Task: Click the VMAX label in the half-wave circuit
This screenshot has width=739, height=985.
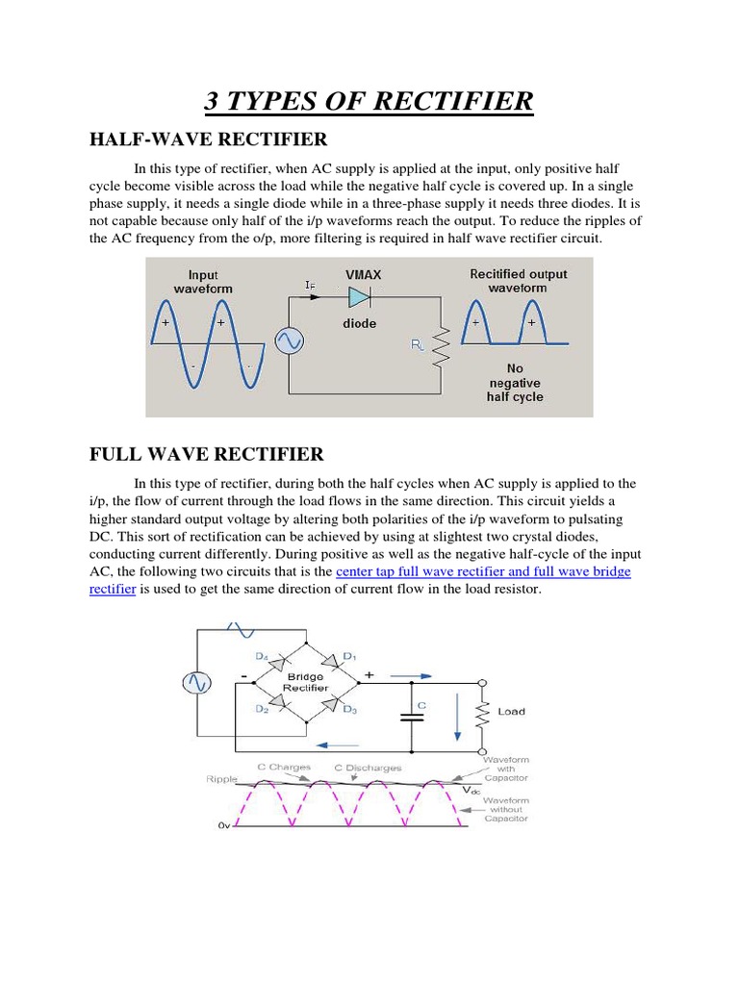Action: [363, 274]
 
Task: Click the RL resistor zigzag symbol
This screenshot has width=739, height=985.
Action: [441, 349]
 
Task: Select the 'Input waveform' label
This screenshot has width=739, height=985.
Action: [203, 281]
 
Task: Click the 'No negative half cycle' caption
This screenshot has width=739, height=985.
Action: [515, 382]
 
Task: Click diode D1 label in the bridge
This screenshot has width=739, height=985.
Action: [349, 657]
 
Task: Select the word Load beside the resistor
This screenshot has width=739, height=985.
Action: [511, 712]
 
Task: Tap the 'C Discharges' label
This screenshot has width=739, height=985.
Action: [368, 768]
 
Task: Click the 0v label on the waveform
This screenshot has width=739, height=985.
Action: [219, 825]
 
